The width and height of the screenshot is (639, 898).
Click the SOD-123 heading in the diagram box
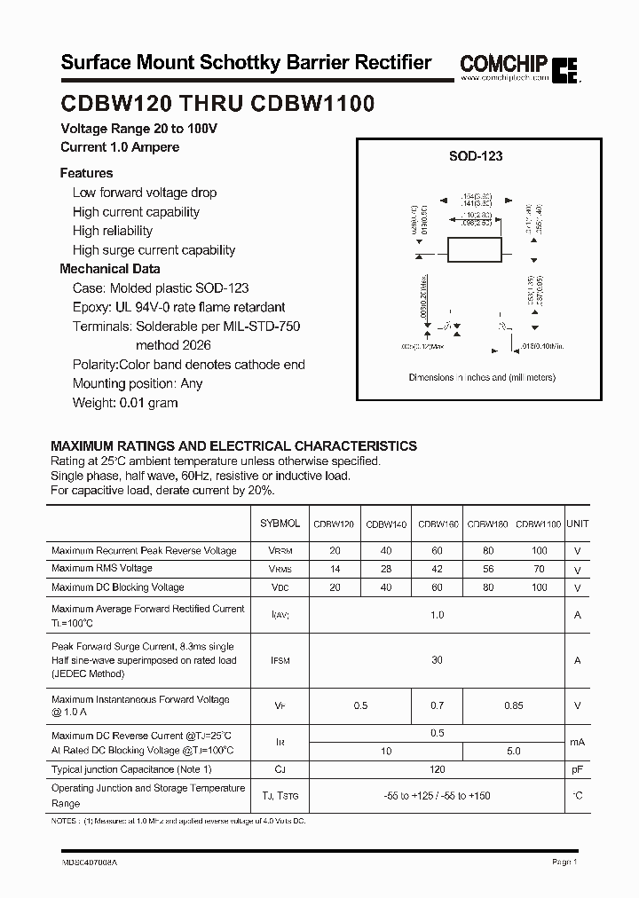tap(475, 156)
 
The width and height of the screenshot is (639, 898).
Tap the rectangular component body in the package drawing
tap(475, 250)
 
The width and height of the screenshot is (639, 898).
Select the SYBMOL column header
tap(280, 524)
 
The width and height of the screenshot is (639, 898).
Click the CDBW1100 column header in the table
tap(538, 524)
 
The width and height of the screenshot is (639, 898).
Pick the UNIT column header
tap(577, 524)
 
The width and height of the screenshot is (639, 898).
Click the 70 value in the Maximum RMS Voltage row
tap(540, 569)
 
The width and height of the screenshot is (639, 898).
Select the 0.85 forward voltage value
tap(513, 705)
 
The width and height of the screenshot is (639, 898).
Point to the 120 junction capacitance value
tap(437, 769)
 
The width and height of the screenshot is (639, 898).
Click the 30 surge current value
tap(437, 660)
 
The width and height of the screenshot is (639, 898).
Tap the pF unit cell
tap(577, 769)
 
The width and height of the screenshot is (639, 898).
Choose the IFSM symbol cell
tap(280, 660)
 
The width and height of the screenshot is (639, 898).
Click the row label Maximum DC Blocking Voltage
tap(118, 587)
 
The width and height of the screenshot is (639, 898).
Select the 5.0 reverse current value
tap(513, 751)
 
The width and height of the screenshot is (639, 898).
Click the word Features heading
tap(86, 173)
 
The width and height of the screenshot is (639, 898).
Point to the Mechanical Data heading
tap(110, 269)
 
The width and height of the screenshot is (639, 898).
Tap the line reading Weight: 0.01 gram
tap(125, 403)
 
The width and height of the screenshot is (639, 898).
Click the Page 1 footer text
tap(564, 862)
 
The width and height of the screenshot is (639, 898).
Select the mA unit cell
tap(577, 742)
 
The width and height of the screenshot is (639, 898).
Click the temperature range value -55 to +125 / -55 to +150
tap(437, 796)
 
